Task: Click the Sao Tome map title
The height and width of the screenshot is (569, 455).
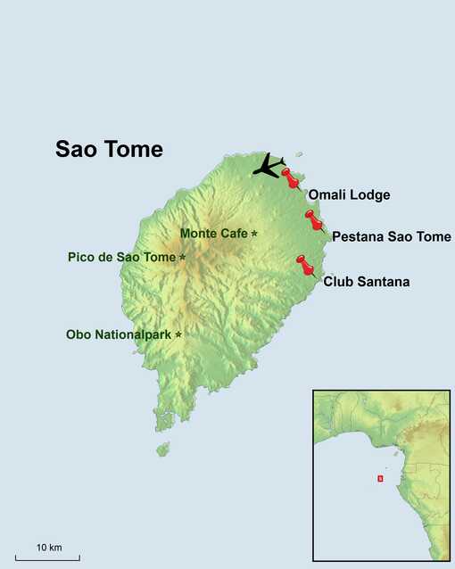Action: point(109,149)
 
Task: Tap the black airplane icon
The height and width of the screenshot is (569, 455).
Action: point(268,164)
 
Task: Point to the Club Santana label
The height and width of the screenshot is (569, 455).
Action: point(366,282)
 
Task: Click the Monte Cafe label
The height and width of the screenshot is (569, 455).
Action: point(214,234)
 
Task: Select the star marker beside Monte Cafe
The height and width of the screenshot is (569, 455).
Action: point(254,234)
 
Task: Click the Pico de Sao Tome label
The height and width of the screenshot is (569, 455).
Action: point(121,258)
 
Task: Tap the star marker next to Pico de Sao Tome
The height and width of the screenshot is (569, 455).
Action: point(183,257)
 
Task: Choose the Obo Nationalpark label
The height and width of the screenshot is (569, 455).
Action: point(120,335)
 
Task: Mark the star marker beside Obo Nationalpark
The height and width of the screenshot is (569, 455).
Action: point(178,334)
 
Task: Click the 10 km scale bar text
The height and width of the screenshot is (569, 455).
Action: point(49,546)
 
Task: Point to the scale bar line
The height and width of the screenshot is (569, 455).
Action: point(49,557)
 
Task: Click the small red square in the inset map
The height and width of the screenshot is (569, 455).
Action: point(380,478)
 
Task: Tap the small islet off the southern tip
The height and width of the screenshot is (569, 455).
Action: point(162,449)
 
